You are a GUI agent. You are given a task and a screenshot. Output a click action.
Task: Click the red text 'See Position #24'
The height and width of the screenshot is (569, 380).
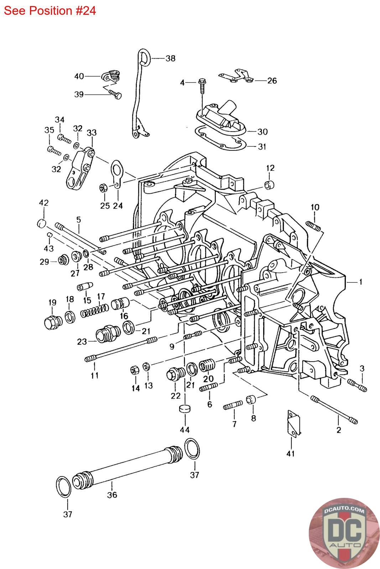[50, 11]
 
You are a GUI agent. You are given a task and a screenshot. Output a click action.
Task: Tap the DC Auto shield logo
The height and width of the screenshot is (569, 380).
[344, 533]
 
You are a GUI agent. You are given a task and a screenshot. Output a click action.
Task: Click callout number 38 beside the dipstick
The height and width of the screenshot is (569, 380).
[171, 58]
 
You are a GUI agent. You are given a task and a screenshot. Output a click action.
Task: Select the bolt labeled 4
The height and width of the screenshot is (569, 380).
[202, 87]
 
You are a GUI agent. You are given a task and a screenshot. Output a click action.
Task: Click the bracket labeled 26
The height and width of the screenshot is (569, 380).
[236, 76]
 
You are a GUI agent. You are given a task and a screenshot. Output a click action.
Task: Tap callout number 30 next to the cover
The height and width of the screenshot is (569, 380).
[262, 132]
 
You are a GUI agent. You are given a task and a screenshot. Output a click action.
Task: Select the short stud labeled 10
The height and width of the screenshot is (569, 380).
[314, 226]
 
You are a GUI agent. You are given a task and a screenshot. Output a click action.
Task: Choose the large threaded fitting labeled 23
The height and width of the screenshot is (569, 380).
[108, 334]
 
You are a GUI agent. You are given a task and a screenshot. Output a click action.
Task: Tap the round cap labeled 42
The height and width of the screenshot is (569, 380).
[42, 223]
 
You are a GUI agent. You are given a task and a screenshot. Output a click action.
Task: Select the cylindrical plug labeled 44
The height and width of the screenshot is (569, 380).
[185, 409]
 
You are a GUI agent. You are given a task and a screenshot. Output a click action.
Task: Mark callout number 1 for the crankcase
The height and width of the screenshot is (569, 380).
[360, 282]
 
